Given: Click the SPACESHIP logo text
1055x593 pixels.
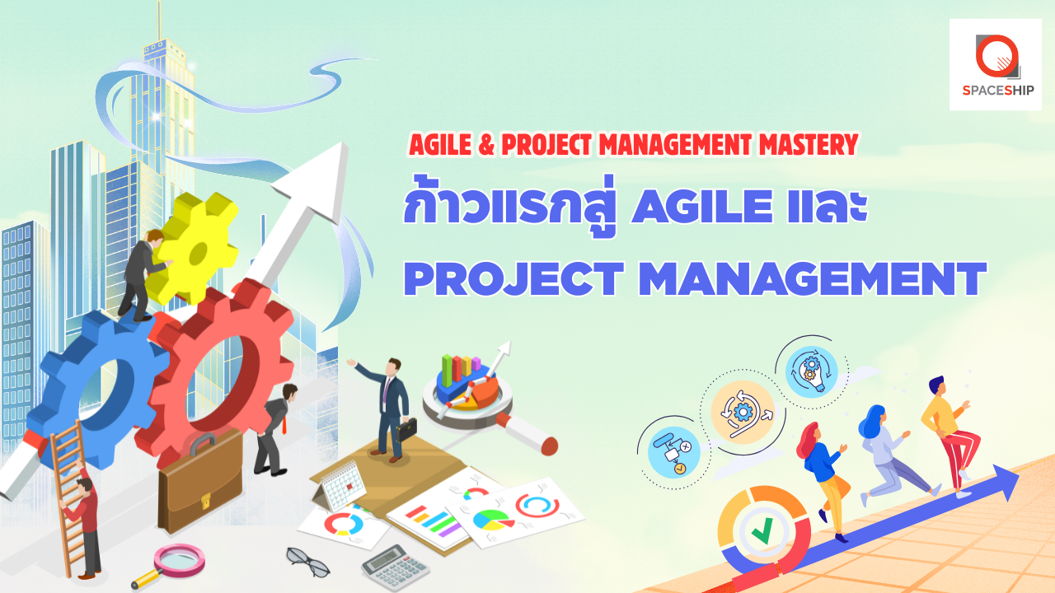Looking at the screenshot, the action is coord(998,90).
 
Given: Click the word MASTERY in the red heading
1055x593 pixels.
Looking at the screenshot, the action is coord(809,144).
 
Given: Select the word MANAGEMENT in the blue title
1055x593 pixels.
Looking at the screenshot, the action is coord(812,278).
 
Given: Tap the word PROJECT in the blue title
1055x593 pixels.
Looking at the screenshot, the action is coord(513,278).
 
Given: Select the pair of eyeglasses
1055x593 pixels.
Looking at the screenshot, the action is coord(308,562).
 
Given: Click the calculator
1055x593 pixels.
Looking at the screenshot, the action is coord(395,568).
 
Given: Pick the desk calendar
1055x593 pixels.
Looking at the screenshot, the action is coord(340,486).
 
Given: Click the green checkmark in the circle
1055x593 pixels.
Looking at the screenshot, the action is coord(762,530).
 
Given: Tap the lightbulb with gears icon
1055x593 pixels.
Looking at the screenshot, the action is coord(811,371).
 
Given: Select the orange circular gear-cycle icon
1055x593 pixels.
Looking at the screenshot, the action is coord(743,413).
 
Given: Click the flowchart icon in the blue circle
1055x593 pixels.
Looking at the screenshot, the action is coord(673,452).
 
